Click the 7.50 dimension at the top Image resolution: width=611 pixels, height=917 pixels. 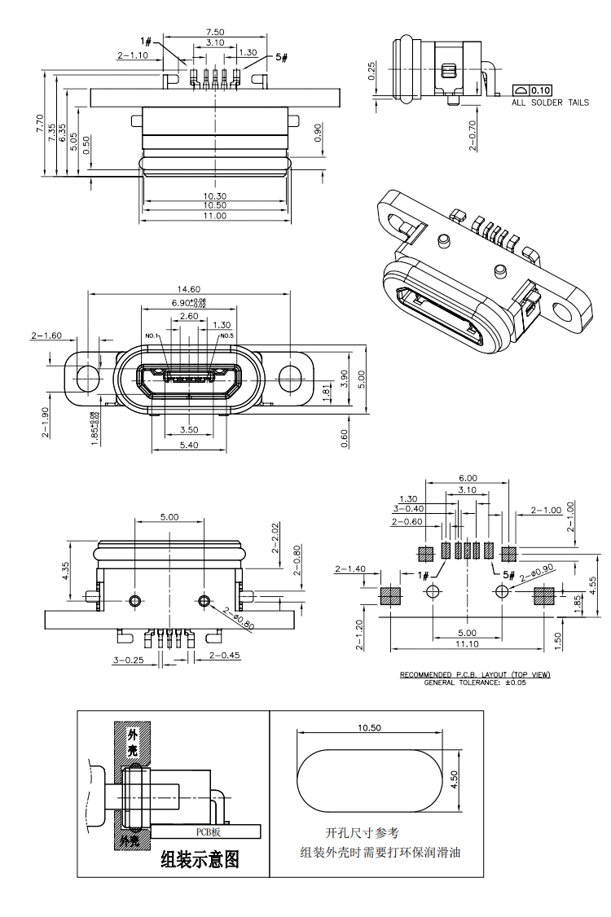(215, 32)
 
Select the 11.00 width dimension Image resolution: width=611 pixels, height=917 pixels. (215, 216)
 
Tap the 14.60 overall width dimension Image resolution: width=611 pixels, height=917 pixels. (189, 289)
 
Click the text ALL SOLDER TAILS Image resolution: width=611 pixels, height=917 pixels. (550, 103)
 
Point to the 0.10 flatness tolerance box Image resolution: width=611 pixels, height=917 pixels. (541, 90)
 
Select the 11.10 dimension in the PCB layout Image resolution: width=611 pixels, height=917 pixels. (467, 644)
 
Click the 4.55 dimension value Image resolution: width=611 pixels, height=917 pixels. (593, 586)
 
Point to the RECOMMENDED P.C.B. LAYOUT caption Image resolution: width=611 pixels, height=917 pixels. (475, 675)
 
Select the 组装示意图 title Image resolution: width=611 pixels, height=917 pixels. (200, 859)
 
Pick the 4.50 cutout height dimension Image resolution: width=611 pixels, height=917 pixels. (455, 780)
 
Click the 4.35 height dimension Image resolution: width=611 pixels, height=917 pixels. (65, 571)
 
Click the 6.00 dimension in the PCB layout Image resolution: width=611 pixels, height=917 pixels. (468, 478)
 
